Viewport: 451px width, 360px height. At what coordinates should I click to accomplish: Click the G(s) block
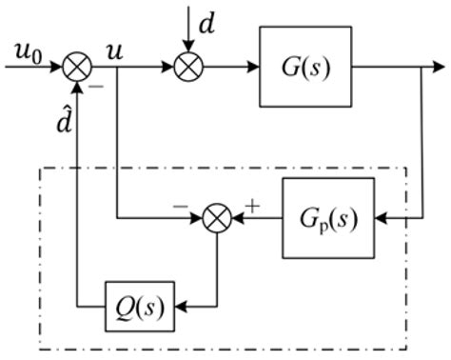tap(304, 69)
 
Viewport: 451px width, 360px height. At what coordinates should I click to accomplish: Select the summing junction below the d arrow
tap(188, 69)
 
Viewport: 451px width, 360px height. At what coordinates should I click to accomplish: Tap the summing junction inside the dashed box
tap(218, 218)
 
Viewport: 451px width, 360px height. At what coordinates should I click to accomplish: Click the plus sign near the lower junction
tap(252, 203)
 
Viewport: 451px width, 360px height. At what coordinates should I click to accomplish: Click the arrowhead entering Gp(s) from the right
tap(382, 218)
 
